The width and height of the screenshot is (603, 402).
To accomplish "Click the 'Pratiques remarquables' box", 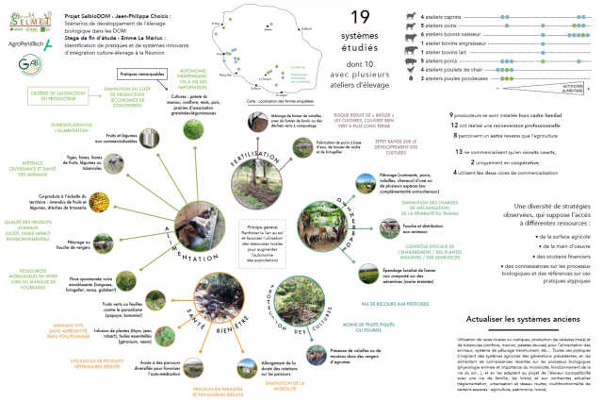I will point(141,73).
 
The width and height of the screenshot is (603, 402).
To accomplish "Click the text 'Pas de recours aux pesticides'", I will point(397,305).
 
